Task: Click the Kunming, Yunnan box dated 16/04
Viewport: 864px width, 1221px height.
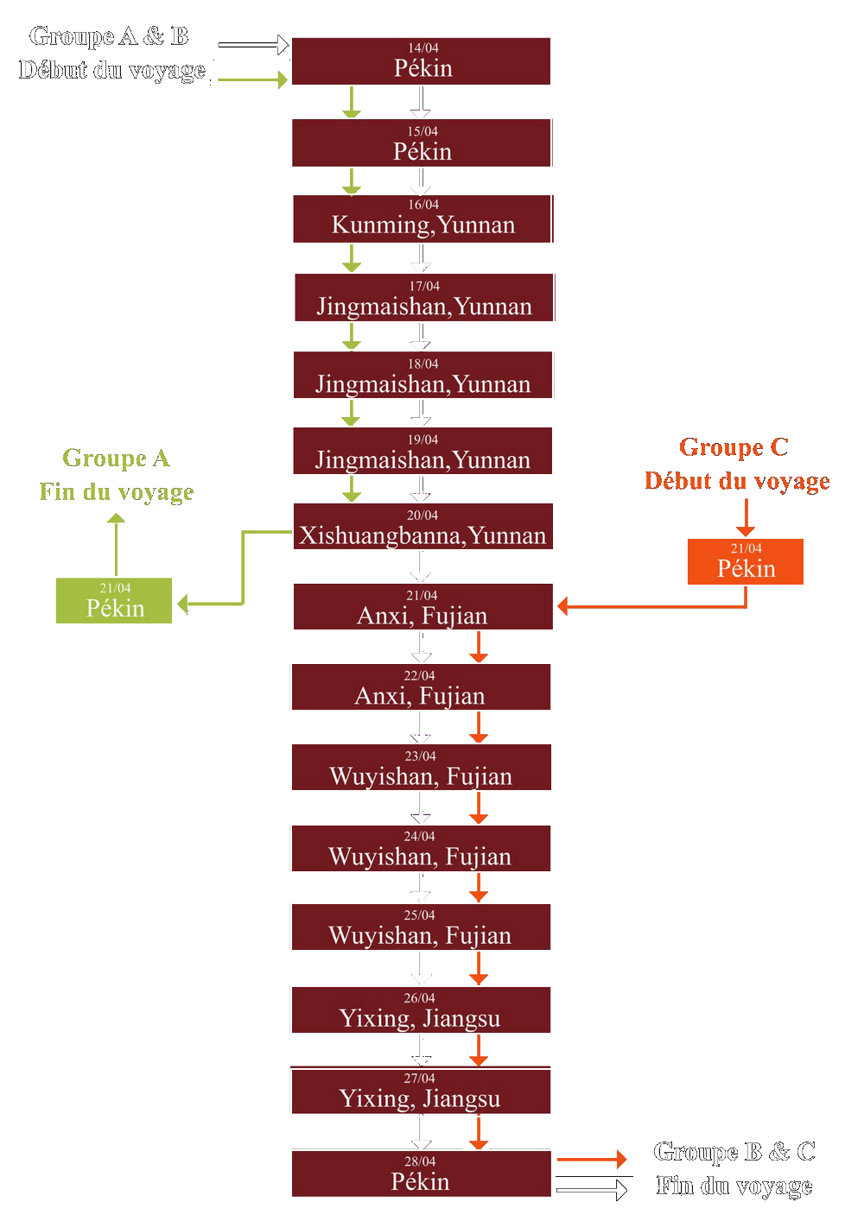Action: (422, 219)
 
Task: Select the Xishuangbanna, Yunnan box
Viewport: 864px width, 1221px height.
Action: (422, 527)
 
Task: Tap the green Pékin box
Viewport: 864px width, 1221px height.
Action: (114, 601)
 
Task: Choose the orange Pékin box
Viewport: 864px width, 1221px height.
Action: (746, 562)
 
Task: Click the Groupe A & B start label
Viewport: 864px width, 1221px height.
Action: (111, 54)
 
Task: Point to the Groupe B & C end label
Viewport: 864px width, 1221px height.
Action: (734, 1168)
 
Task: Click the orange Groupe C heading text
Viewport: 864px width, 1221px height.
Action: (734, 447)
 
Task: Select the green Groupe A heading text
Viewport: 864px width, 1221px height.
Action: (116, 459)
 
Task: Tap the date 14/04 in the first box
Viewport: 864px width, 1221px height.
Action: (423, 48)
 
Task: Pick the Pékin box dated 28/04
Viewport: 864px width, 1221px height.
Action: (421, 1174)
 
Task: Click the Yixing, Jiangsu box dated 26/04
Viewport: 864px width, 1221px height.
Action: (421, 1010)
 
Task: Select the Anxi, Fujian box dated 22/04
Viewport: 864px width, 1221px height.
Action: (421, 687)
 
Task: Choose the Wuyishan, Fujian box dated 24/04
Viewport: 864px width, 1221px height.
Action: (421, 849)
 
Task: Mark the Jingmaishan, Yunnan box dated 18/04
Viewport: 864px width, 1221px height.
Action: (422, 375)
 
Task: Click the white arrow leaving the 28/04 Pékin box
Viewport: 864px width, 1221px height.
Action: (593, 1190)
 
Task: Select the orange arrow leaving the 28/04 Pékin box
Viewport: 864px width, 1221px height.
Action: (593, 1159)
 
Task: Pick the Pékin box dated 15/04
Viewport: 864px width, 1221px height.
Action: (421, 143)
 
